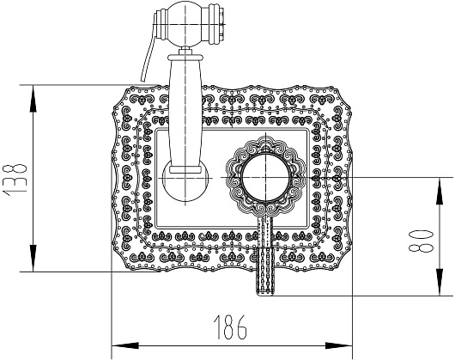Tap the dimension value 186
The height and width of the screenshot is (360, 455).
(230, 327)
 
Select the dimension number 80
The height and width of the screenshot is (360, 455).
(421, 241)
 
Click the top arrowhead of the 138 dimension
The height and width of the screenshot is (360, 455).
(33, 99)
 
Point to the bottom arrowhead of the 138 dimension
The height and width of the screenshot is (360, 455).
(33, 259)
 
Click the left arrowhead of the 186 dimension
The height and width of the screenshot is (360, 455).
(125, 345)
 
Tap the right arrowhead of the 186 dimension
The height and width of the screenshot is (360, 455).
(338, 345)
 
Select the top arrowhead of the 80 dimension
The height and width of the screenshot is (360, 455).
(440, 191)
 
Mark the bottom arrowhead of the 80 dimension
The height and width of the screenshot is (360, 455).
(440, 283)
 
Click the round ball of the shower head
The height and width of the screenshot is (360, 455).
(185, 24)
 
